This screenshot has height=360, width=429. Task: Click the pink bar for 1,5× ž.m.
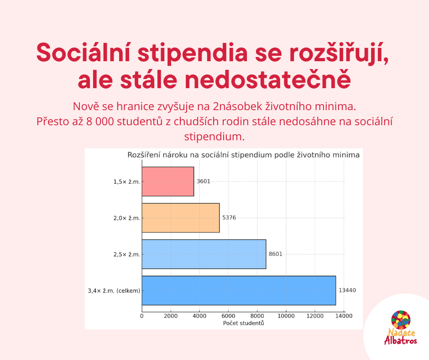pyautogui.click(x=167, y=181)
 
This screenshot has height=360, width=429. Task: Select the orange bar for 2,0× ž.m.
pyautogui.click(x=181, y=218)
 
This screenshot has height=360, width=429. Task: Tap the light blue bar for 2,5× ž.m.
pyautogui.click(x=204, y=254)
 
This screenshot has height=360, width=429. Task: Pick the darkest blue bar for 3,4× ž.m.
pyautogui.click(x=239, y=291)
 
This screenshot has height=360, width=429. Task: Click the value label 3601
pyautogui.click(x=204, y=181)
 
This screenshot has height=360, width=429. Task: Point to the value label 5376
pyautogui.click(x=229, y=218)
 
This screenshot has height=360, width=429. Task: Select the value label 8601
pyautogui.click(x=276, y=254)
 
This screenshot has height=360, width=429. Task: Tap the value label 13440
pyautogui.click(x=347, y=291)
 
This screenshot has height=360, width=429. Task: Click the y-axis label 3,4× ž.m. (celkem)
pyautogui.click(x=114, y=291)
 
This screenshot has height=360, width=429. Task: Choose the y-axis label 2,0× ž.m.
pyautogui.click(x=127, y=218)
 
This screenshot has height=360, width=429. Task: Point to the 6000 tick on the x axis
pyautogui.click(x=228, y=316)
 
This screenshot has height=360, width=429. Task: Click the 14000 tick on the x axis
pyautogui.click(x=344, y=316)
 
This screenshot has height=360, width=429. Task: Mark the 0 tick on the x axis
pyautogui.click(x=142, y=316)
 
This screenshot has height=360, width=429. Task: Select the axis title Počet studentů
pyautogui.click(x=244, y=323)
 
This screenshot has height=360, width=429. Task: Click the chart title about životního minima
pyautogui.click(x=244, y=155)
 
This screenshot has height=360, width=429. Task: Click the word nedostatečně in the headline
pyautogui.click(x=267, y=79)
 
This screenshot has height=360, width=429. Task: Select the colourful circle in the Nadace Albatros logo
pyautogui.click(x=401, y=320)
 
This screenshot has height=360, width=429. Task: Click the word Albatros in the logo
pyautogui.click(x=401, y=340)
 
